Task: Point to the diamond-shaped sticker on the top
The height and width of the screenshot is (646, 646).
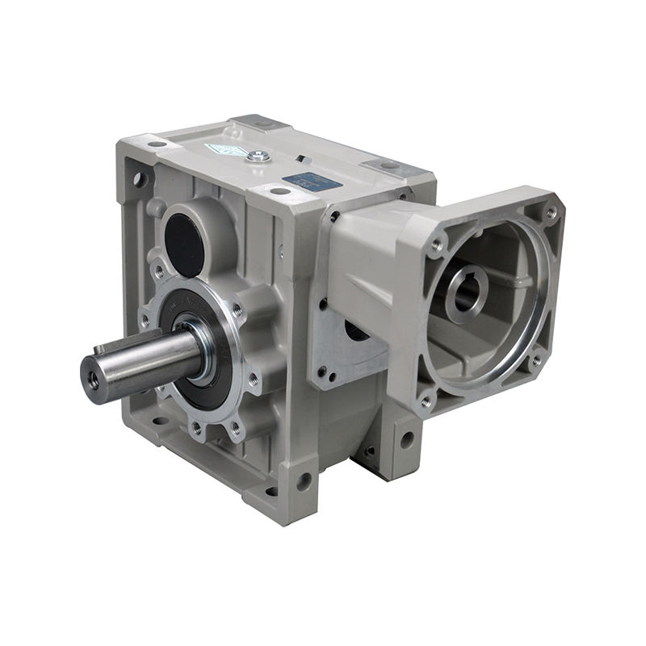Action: [x=220, y=150]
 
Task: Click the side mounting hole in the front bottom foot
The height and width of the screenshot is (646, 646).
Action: [x=303, y=482]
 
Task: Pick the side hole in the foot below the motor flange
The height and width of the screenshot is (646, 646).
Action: [x=406, y=440]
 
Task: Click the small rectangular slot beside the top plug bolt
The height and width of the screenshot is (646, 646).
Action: [x=298, y=160]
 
